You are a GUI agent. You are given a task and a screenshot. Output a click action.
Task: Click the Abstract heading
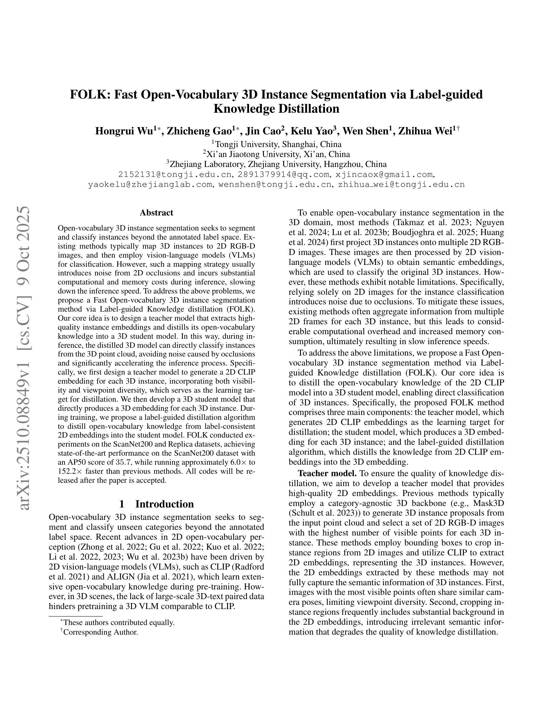(x=156, y=213)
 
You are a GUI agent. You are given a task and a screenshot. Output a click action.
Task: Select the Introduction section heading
(x=156, y=504)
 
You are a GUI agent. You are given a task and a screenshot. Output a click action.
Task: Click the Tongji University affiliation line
(x=276, y=144)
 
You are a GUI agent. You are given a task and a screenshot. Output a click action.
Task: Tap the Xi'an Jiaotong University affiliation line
(x=276, y=154)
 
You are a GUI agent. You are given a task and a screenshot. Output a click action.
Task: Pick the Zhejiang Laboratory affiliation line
(x=276, y=164)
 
